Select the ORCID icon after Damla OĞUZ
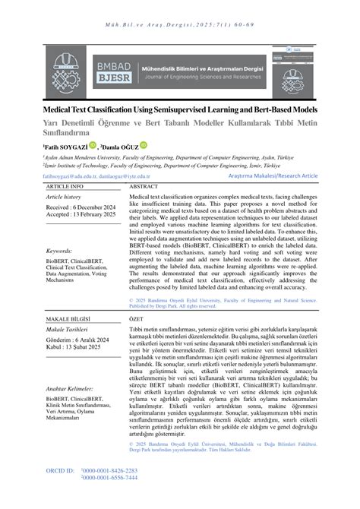click(x=144, y=145)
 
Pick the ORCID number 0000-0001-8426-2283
click(x=109, y=492)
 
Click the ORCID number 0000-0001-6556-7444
click(x=109, y=498)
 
